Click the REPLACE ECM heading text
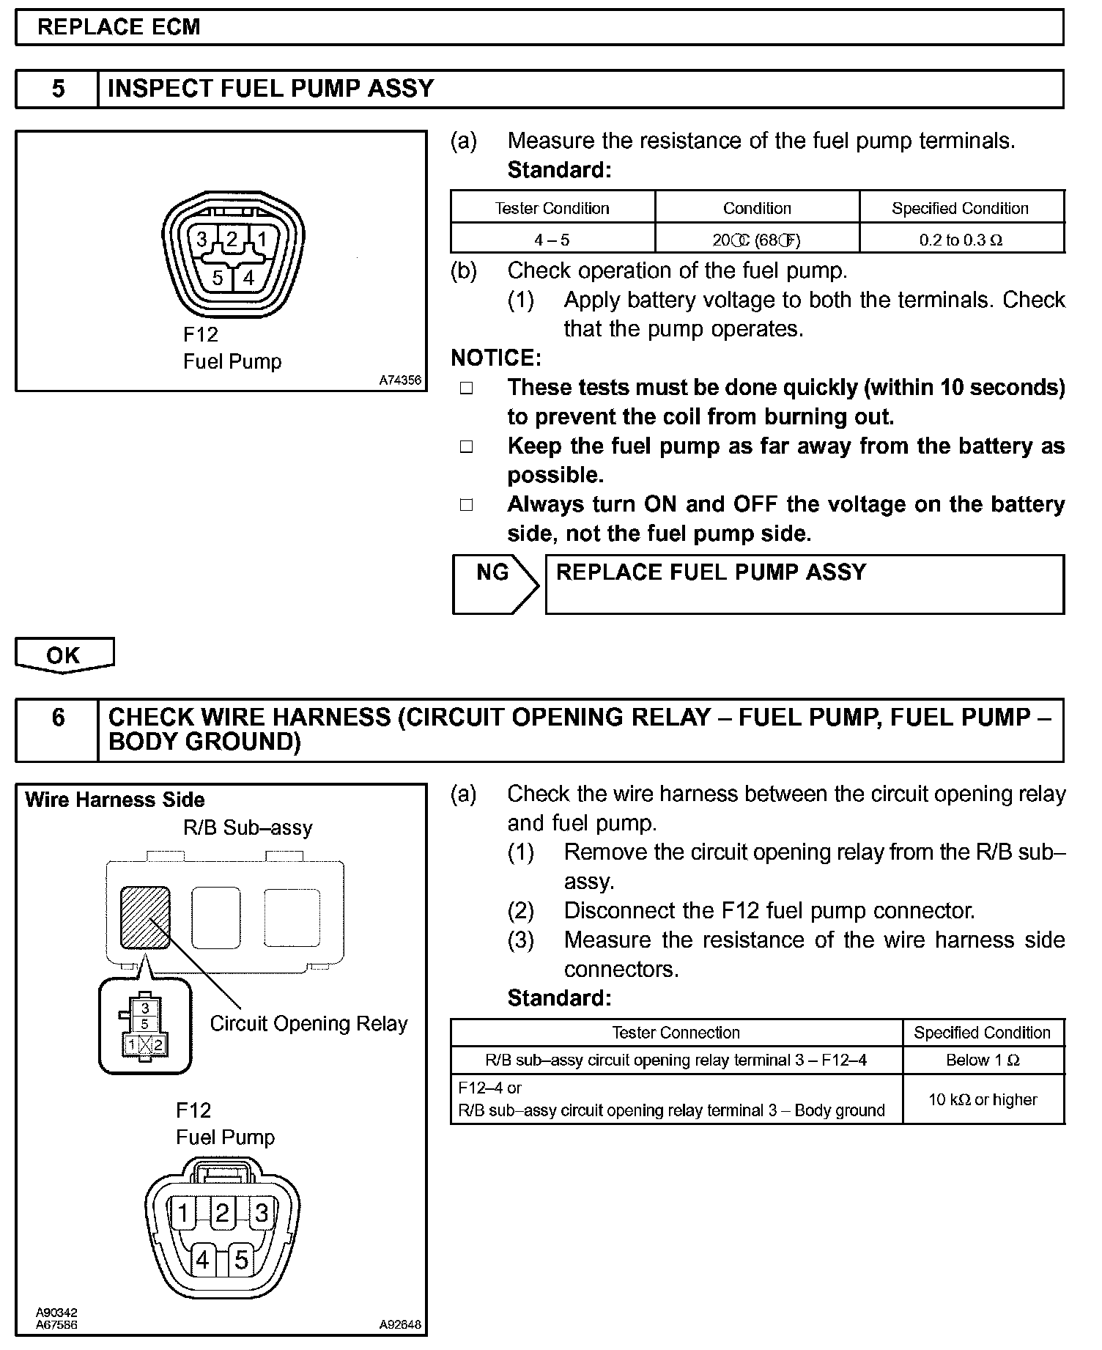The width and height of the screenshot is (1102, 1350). coord(119,27)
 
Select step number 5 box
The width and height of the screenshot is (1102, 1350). coord(58,89)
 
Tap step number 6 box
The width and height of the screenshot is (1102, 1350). coord(58,717)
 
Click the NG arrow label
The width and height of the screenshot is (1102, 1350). coord(492,572)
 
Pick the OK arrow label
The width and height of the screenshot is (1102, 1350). coord(63,654)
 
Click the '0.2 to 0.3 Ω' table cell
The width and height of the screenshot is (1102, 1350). coord(961,240)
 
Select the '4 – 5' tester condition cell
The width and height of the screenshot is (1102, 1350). coord(552,240)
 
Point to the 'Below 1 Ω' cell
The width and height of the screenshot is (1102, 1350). coord(983,1060)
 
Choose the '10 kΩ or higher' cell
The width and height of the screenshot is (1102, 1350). coord(983,1099)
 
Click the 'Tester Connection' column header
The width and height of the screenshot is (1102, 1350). coord(676,1033)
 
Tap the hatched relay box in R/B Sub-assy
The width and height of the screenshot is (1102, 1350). coord(145,917)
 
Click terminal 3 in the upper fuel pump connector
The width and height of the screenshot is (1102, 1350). coord(202,239)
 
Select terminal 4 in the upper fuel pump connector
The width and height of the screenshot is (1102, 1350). coord(249,278)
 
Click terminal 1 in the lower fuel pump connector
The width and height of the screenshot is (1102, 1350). coord(183,1213)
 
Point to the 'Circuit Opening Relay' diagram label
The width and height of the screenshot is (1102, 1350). coord(308,1023)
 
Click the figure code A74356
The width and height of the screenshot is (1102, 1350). coord(400,380)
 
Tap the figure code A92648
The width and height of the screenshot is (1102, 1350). coord(400,1324)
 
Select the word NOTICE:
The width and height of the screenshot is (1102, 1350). coord(496,358)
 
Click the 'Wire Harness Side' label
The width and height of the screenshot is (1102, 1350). coord(114,800)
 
